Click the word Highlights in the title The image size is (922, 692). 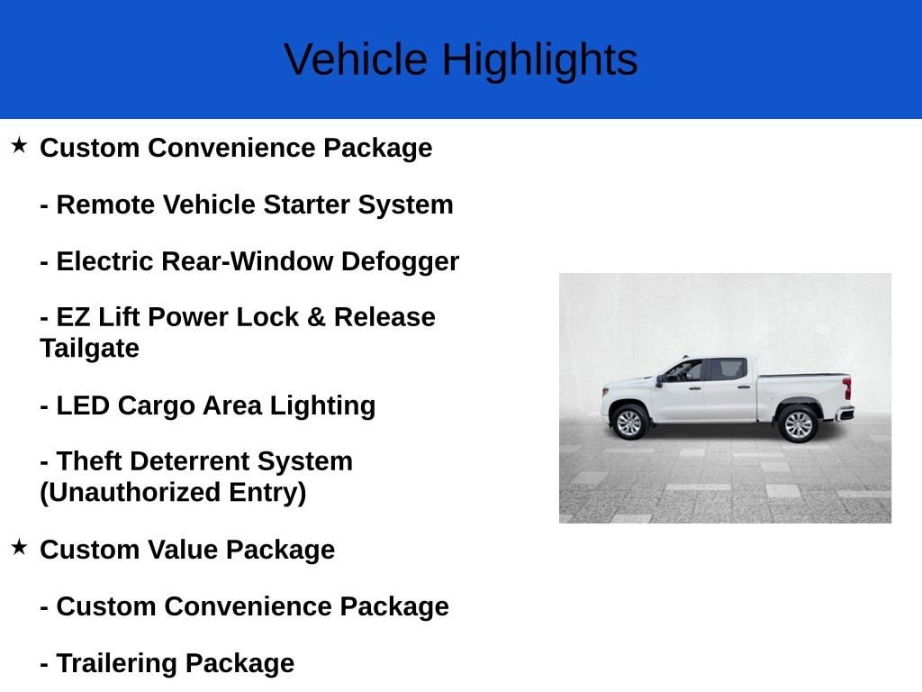(x=539, y=60)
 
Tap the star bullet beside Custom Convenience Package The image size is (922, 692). (x=19, y=145)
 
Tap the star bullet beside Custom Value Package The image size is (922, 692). (x=19, y=547)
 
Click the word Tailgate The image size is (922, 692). (x=89, y=348)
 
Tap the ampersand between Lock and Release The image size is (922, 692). (x=316, y=317)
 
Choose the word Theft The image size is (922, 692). (x=89, y=461)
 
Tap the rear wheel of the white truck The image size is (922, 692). (x=798, y=423)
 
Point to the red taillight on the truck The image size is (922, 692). (x=846, y=388)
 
